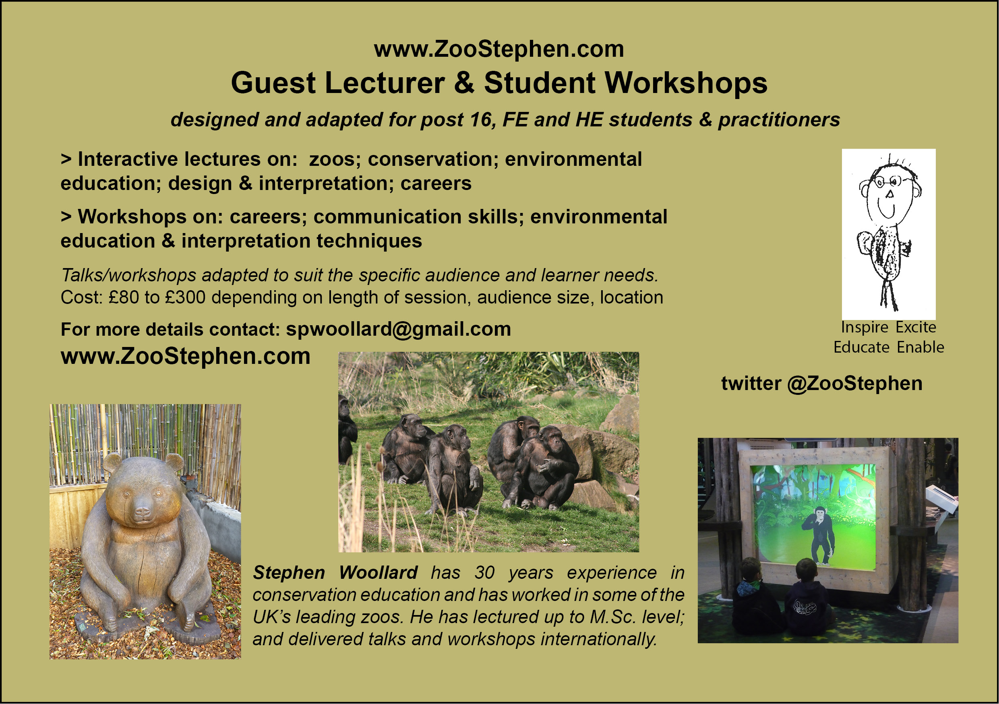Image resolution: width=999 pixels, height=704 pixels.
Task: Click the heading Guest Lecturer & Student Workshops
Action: [x=499, y=83]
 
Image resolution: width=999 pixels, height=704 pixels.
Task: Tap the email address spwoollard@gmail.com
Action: [x=398, y=329]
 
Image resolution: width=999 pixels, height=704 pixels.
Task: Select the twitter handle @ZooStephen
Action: [x=854, y=384]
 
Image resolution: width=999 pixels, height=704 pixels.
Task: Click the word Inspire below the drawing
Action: [x=865, y=327]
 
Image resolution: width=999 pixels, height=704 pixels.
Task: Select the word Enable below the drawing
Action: [x=920, y=347]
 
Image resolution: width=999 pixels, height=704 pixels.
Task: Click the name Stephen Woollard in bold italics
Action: [x=335, y=573]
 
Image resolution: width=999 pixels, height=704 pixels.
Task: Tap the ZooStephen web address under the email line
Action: [x=185, y=356]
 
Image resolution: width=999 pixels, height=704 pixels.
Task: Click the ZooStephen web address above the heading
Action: [x=499, y=49]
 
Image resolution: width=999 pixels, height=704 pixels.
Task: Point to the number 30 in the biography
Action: [x=485, y=573]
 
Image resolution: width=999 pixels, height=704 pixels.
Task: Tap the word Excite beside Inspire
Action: [x=916, y=327]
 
